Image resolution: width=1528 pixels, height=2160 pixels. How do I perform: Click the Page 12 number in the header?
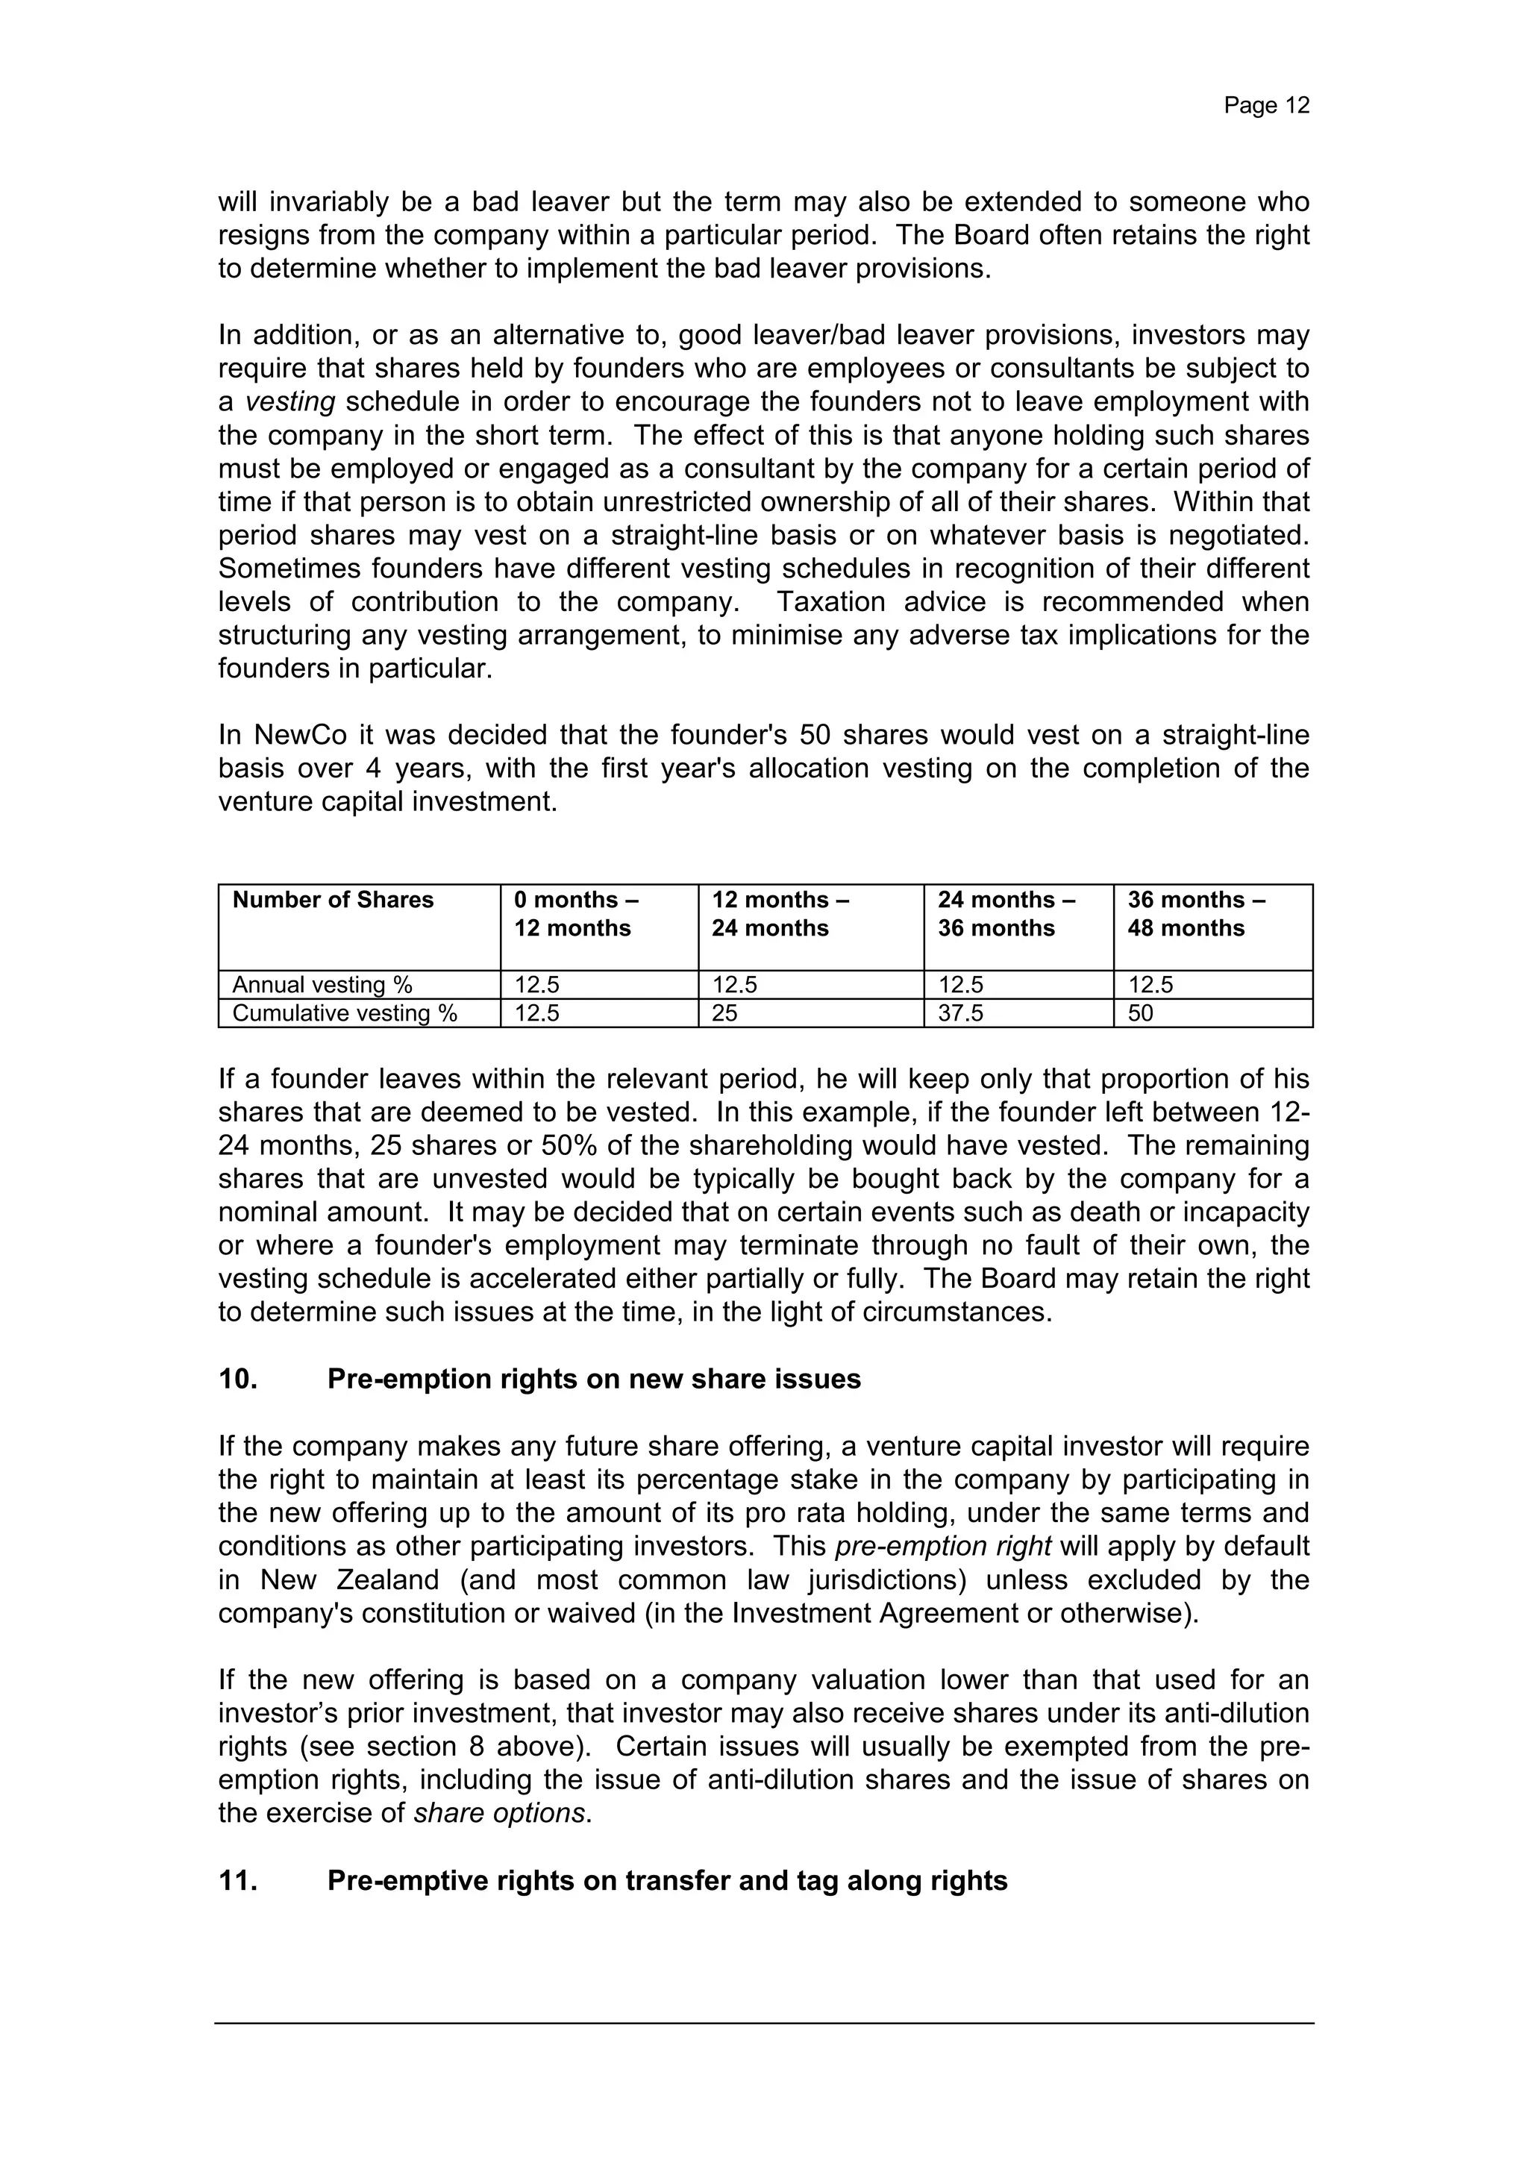coord(1265,105)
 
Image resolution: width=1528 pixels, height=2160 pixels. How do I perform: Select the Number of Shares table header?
coord(332,901)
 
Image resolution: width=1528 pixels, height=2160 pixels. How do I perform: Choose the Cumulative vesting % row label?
coord(345,1013)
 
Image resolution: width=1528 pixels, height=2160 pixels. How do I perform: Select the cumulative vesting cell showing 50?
coord(1139,1013)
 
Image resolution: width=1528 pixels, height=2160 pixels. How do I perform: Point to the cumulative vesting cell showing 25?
coord(724,1013)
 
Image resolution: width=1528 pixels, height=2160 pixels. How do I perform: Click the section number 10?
coord(238,1379)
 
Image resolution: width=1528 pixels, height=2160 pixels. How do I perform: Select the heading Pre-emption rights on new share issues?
coord(594,1379)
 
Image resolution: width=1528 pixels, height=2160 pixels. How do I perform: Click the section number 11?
coord(238,1881)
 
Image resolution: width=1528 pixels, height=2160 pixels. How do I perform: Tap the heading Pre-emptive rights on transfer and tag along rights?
coord(667,1881)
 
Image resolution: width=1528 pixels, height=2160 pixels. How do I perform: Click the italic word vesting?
coord(289,401)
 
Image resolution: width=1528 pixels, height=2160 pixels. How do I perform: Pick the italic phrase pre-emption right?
coord(944,1547)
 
